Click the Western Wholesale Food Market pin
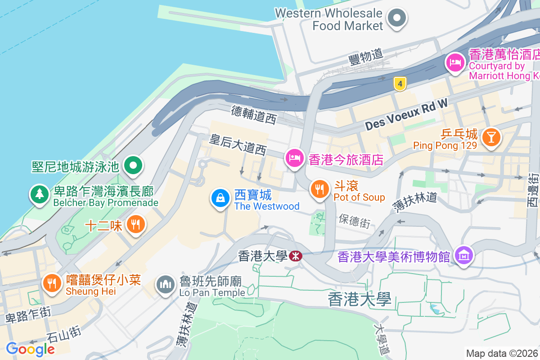(x=397, y=19)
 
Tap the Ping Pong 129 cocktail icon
(x=490, y=136)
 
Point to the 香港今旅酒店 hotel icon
(x=294, y=158)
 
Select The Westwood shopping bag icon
(x=220, y=198)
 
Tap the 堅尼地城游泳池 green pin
(x=133, y=165)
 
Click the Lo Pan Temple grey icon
(x=166, y=284)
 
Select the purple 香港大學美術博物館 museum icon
(x=463, y=256)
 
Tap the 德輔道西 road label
(x=253, y=114)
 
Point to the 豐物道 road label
(x=365, y=56)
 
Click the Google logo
(x=30, y=349)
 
